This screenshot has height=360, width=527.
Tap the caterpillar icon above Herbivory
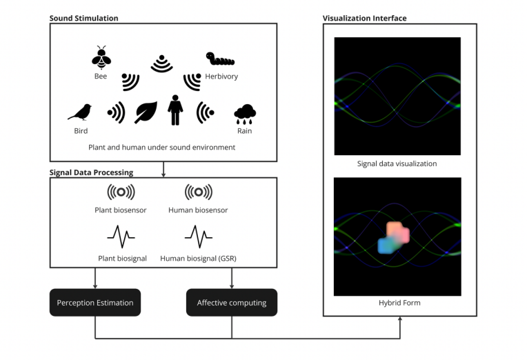[220, 61]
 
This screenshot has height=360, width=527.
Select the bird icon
[80, 112]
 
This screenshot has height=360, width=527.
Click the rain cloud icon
[245, 113]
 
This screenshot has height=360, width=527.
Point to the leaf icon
[146, 112]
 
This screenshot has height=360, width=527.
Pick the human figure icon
[175, 110]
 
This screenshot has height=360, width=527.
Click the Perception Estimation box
[95, 302]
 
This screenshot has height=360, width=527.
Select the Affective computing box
[232, 302]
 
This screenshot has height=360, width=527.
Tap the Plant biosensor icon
[121, 192]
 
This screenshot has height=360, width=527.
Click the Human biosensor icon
[198, 192]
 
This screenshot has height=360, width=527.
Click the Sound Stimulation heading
[83, 18]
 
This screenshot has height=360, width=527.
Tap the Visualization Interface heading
[364, 18]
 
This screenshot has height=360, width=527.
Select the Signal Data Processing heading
[91, 172]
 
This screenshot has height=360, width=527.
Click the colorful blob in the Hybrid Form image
[394, 237]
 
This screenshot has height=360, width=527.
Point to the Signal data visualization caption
[397, 164]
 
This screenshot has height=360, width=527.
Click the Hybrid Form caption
[397, 303]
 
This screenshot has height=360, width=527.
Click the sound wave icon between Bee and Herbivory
[162, 63]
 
